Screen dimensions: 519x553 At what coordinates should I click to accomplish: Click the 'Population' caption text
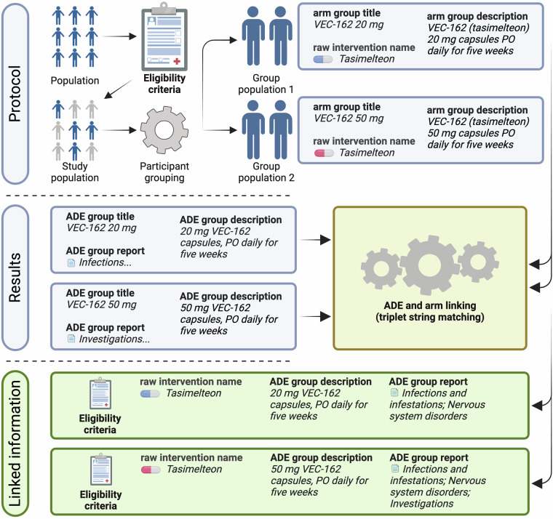click(x=76, y=81)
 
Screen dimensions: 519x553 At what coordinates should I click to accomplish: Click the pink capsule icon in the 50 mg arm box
click(x=322, y=153)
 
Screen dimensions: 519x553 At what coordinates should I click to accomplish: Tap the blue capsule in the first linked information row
click(x=150, y=393)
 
